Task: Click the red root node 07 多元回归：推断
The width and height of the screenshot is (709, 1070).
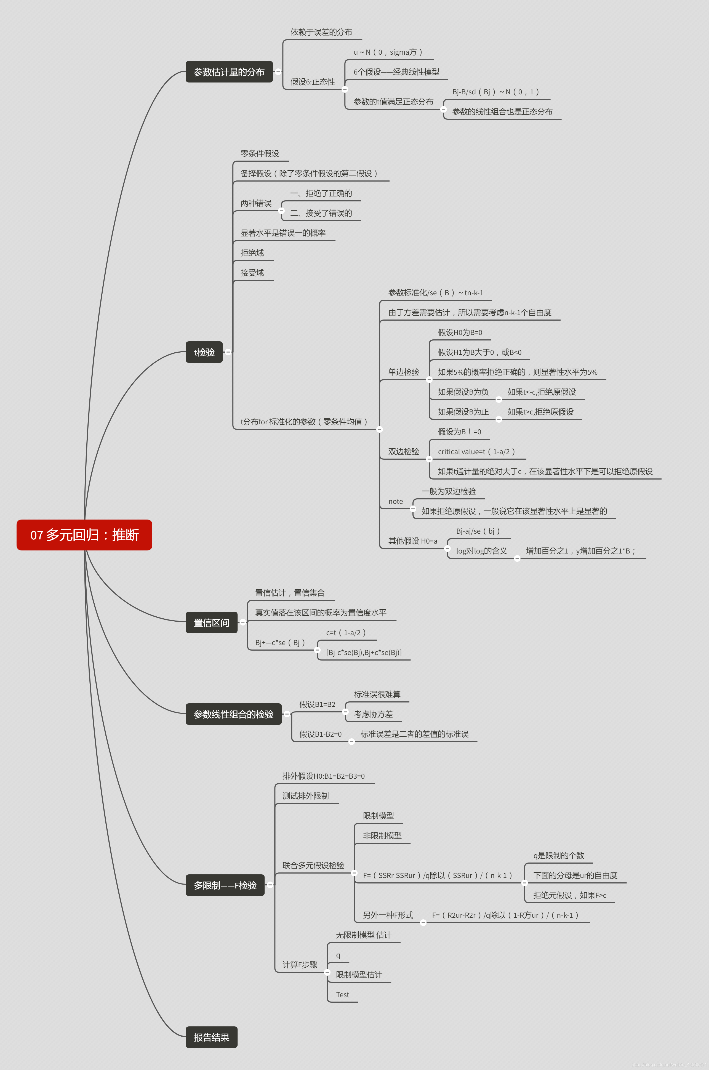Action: click(84, 535)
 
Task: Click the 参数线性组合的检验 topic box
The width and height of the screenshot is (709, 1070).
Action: click(233, 714)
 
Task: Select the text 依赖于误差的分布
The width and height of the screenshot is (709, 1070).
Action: click(321, 32)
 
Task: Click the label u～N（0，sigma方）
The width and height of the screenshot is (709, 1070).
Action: click(388, 52)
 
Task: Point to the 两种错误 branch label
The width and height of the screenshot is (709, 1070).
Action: click(256, 203)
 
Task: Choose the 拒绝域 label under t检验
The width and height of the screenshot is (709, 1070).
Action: click(252, 253)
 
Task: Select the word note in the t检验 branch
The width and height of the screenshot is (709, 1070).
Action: click(395, 501)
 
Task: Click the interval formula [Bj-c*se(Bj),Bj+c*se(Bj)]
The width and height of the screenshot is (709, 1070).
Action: click(364, 652)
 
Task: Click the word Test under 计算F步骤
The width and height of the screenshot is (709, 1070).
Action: click(342, 994)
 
